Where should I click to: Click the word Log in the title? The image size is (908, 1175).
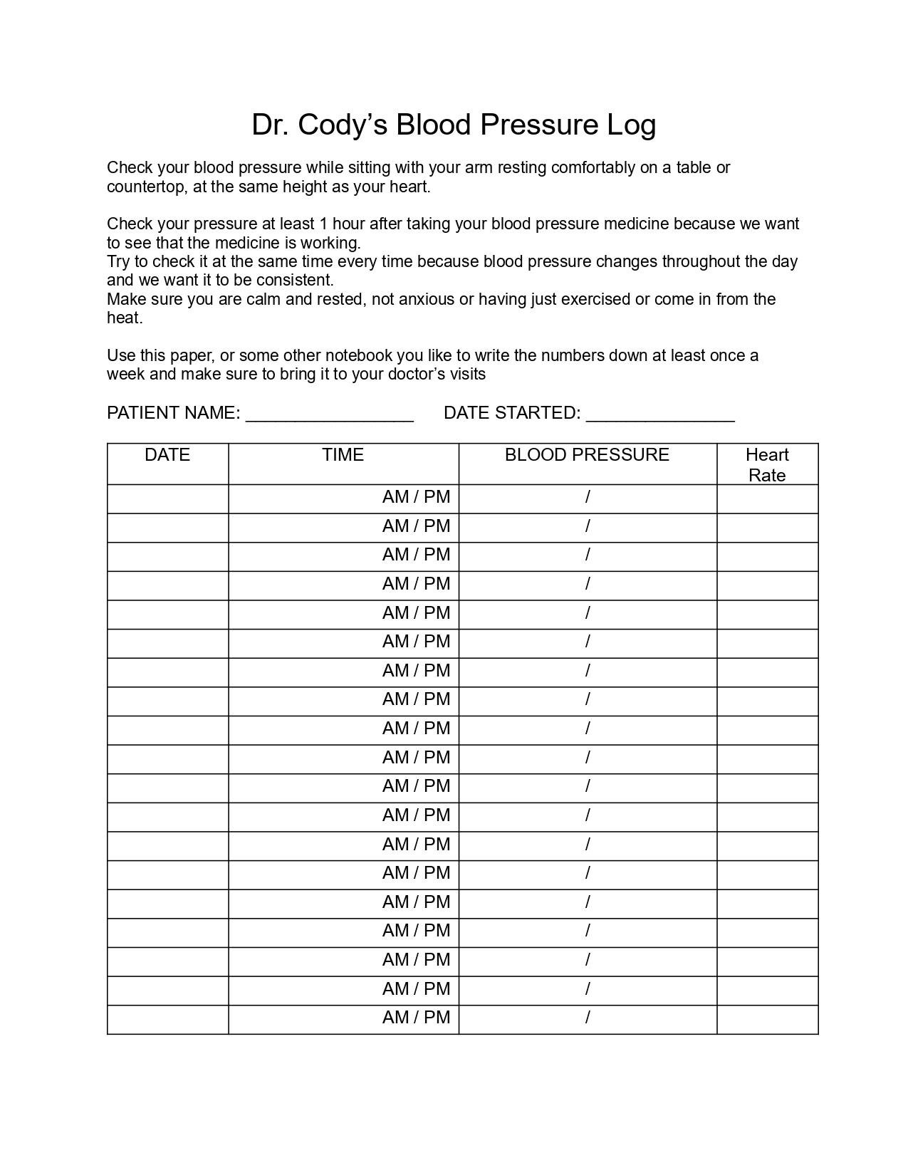(630, 125)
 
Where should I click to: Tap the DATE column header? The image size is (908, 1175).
(167, 455)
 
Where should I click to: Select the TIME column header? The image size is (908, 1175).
(343, 455)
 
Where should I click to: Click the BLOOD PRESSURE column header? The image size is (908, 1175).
(587, 455)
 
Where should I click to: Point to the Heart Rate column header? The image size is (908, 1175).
(767, 464)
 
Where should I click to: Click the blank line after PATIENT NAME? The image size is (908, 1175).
(329, 416)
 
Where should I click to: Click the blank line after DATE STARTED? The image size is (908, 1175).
(660, 416)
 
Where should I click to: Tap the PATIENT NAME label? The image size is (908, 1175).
(173, 413)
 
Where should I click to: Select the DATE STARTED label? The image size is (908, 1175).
(511, 413)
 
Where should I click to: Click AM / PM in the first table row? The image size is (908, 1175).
(416, 497)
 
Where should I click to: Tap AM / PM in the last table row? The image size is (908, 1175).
(416, 1018)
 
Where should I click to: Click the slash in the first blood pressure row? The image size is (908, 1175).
(588, 497)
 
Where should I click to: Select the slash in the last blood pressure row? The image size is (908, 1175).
(588, 1018)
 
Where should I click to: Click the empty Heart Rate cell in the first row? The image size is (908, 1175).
(767, 499)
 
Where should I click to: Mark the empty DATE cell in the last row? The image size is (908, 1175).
(167, 1019)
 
